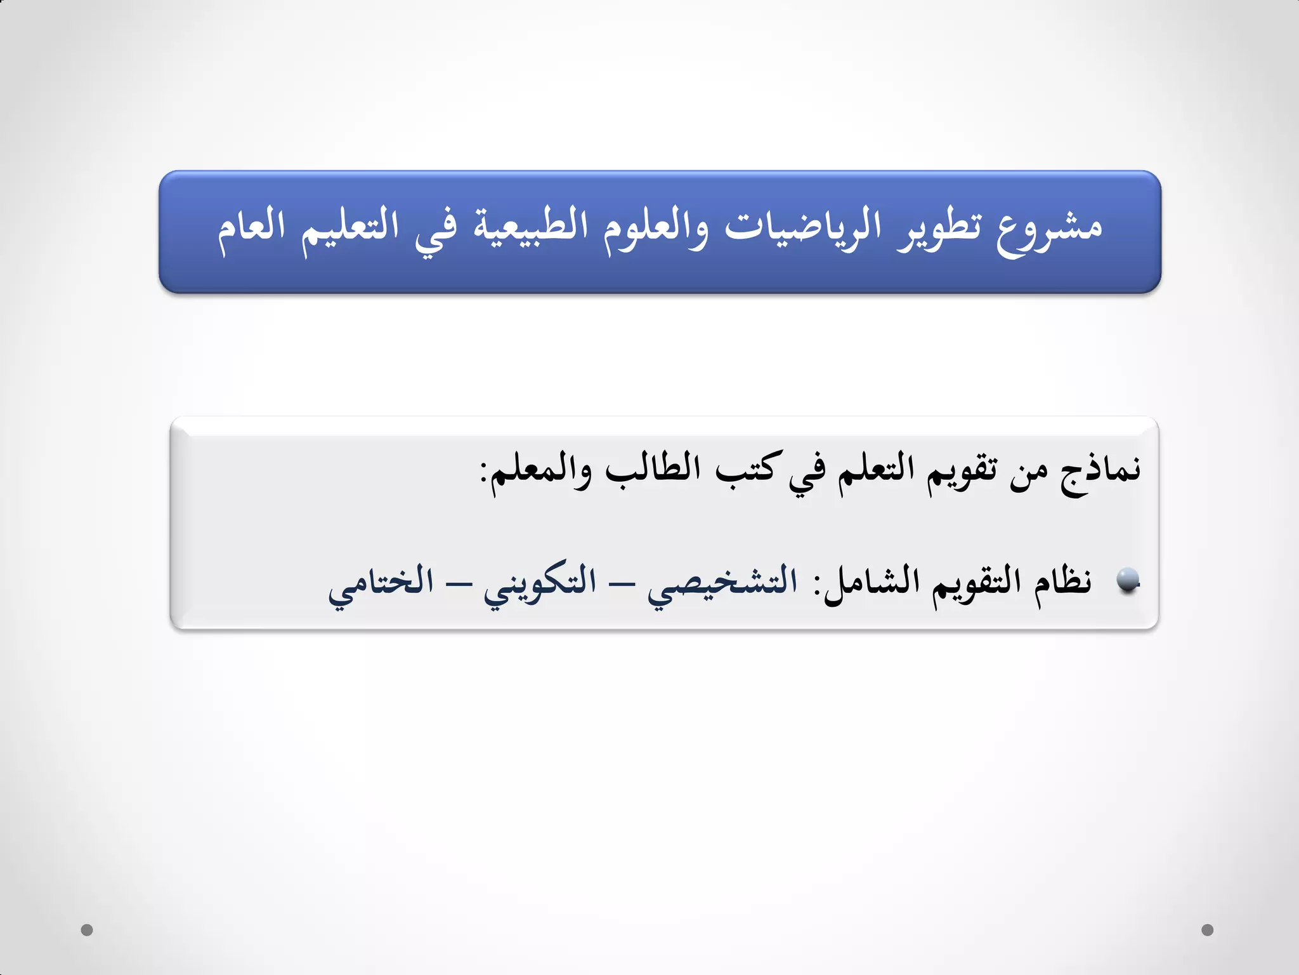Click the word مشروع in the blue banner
coord(1049,229)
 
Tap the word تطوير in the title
coord(939,229)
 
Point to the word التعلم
coord(876,470)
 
